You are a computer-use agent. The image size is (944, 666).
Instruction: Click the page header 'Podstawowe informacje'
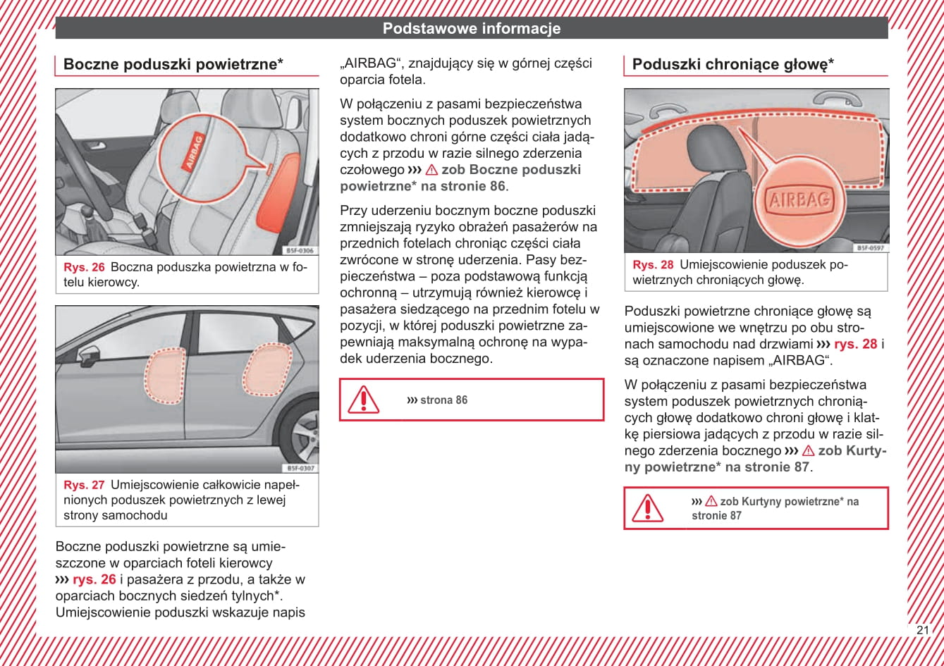pyautogui.click(x=472, y=29)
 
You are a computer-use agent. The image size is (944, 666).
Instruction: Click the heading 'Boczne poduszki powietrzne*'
pyautogui.click(x=173, y=65)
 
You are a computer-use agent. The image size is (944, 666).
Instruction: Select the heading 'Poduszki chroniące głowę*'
pyautogui.click(x=733, y=65)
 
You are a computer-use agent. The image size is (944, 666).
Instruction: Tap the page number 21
pyautogui.click(x=923, y=630)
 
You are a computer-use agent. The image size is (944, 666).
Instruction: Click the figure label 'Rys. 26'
pyautogui.click(x=84, y=268)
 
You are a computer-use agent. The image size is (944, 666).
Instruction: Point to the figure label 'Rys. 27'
pyautogui.click(x=84, y=485)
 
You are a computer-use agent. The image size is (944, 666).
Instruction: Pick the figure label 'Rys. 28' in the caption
pyautogui.click(x=654, y=265)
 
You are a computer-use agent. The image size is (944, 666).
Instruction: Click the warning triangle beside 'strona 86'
pyautogui.click(x=363, y=400)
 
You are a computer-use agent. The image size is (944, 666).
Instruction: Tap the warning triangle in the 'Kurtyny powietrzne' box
pyautogui.click(x=647, y=508)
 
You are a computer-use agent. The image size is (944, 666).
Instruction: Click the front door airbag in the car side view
pyautogui.click(x=164, y=375)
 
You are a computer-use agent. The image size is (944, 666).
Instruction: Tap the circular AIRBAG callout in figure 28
pyautogui.click(x=799, y=200)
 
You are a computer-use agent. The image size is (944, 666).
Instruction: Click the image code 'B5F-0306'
pyautogui.click(x=300, y=251)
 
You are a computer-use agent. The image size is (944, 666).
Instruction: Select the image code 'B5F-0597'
pyautogui.click(x=871, y=248)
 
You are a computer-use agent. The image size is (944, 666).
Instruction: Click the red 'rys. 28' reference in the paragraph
pyautogui.click(x=855, y=344)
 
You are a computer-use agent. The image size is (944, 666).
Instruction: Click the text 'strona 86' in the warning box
pyautogui.click(x=443, y=400)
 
